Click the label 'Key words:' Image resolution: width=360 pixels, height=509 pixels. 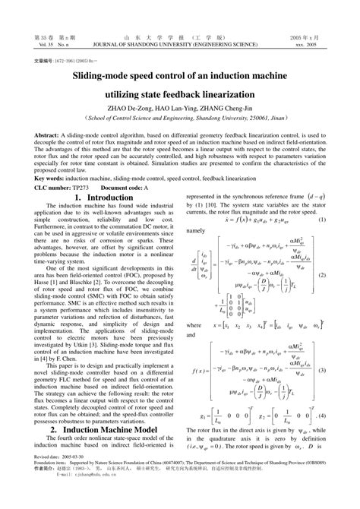click(x=49, y=177)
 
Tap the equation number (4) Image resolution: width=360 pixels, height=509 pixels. click(x=322, y=418)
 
